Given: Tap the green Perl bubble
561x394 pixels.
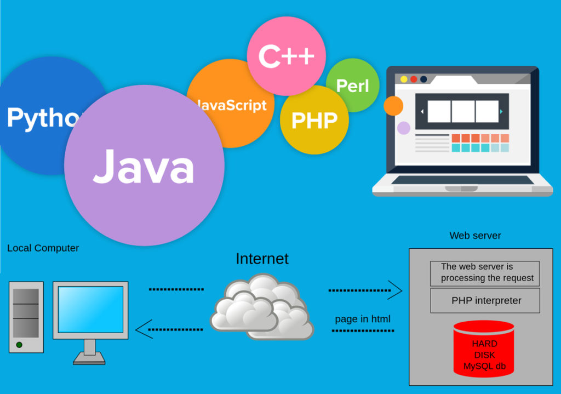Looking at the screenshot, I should [353, 85].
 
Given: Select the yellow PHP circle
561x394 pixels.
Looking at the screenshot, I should [314, 120].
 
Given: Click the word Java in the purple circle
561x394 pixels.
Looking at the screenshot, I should [144, 165].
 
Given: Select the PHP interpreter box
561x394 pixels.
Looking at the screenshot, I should [485, 300].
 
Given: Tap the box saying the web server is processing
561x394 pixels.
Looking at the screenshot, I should [485, 273].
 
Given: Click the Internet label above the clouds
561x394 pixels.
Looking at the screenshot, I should [262, 259].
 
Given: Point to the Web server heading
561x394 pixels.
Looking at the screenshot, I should [475, 236].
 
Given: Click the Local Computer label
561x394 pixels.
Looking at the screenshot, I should [43, 248].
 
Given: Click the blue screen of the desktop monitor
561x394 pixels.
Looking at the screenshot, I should [90, 309].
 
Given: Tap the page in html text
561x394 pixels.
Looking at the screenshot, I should [363, 319].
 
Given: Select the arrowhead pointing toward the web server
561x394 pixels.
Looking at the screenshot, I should [395, 290].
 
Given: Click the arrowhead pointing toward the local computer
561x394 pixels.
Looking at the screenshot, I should [143, 329].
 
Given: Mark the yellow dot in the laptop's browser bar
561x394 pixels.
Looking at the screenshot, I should [404, 79].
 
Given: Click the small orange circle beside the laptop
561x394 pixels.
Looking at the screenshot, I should [393, 106].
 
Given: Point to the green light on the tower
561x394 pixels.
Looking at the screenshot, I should [19, 345].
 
